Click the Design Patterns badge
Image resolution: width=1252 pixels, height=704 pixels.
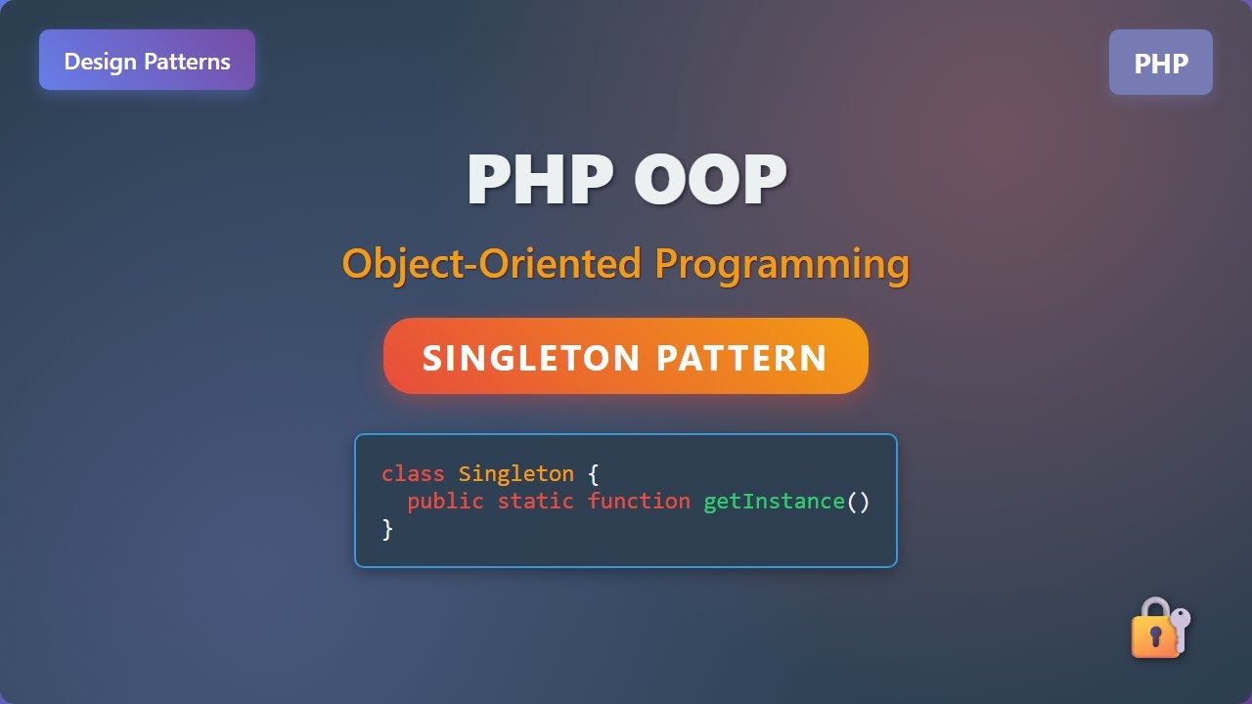(147, 61)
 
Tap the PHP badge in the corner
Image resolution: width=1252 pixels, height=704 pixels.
(1160, 63)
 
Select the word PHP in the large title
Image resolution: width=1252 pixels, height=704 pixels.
(539, 180)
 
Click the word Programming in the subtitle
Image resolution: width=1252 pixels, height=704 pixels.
(782, 264)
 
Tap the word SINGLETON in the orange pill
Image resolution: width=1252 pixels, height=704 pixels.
(530, 358)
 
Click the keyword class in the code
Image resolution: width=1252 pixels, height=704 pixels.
(413, 474)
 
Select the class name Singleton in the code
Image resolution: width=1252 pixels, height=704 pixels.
(515, 474)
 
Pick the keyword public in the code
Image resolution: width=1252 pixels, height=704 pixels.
(445, 502)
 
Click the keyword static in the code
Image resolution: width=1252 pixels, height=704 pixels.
(535, 502)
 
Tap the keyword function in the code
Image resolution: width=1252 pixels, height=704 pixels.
(639, 502)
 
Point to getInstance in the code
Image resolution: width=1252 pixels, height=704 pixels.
(774, 502)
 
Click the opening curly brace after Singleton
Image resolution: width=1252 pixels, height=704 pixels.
(593, 474)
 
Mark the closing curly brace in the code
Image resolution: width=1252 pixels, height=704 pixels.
(387, 529)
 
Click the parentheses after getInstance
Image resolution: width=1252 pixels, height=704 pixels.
(858, 502)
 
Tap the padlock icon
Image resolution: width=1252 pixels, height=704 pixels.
(1152, 630)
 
